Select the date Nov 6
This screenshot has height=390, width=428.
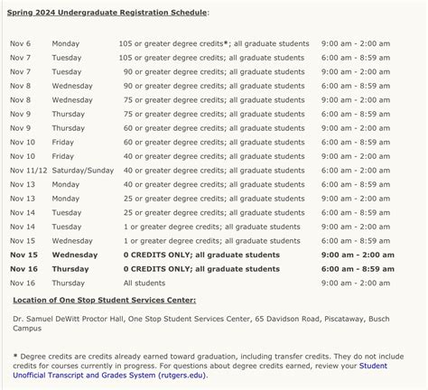tap(20, 43)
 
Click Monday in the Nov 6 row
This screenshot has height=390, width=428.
tap(66, 43)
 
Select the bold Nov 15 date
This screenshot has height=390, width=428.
tap(23, 255)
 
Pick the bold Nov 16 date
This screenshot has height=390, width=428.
tap(23, 268)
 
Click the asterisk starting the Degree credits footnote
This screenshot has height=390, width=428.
tap(14, 357)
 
